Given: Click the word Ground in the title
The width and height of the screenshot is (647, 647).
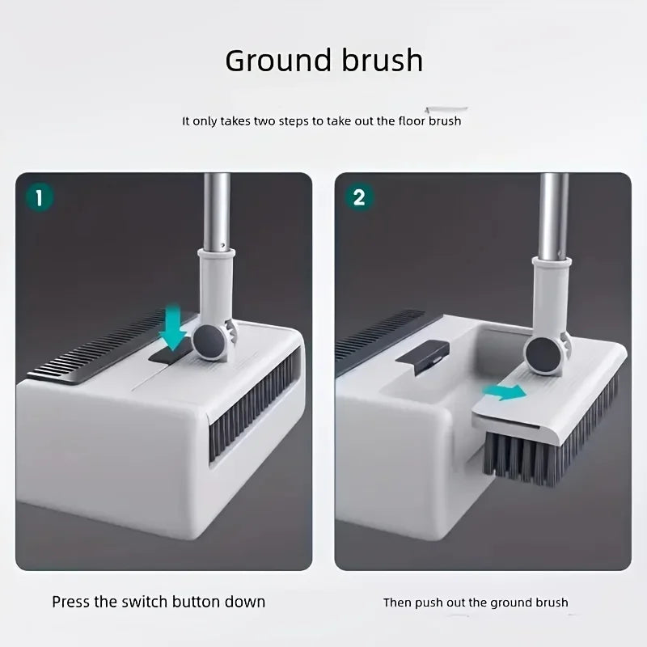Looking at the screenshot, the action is click(x=278, y=61).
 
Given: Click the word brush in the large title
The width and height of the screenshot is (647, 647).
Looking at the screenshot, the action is click(x=382, y=60).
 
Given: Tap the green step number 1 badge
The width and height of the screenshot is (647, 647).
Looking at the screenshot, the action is click(x=39, y=197).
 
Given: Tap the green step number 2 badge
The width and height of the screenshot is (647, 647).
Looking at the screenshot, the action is click(x=358, y=197).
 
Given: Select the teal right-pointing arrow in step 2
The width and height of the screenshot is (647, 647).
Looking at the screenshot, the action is click(x=504, y=391).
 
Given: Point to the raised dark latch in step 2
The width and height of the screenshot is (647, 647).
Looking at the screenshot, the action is click(x=421, y=356).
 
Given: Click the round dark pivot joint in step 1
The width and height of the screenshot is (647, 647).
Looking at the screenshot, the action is click(x=209, y=341).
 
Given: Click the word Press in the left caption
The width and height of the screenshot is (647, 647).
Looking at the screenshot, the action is click(x=70, y=602).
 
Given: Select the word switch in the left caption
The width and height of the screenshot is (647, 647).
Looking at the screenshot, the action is click(x=145, y=602).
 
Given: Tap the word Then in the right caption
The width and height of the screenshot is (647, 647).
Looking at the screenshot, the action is click(x=397, y=603).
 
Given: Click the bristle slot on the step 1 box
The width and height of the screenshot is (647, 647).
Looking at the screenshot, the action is click(x=252, y=404).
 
